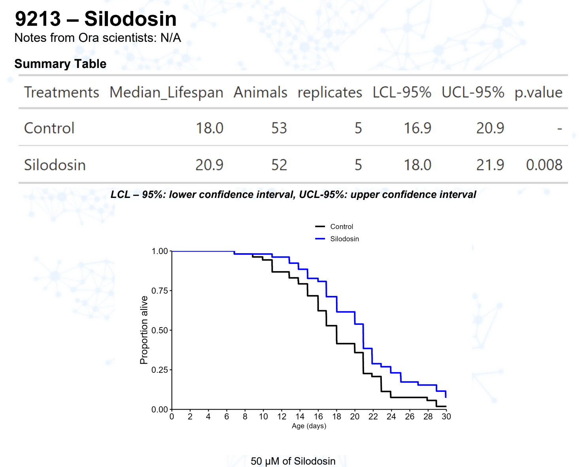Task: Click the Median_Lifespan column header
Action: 166,92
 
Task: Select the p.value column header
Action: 538,92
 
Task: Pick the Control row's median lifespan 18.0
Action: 209,128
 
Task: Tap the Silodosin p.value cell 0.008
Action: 544,165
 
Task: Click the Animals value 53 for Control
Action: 279,128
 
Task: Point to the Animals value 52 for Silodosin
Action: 279,165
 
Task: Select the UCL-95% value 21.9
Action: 490,165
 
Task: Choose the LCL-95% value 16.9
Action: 417,128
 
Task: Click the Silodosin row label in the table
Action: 55,165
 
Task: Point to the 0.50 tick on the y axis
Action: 160,330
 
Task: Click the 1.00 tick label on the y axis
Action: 160,251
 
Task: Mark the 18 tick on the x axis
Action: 336,416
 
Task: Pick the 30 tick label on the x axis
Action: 446,416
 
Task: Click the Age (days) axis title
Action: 309,426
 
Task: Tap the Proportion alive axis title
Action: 144,330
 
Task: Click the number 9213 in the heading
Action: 38,19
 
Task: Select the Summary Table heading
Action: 60,64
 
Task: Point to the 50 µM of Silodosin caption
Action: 293,461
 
